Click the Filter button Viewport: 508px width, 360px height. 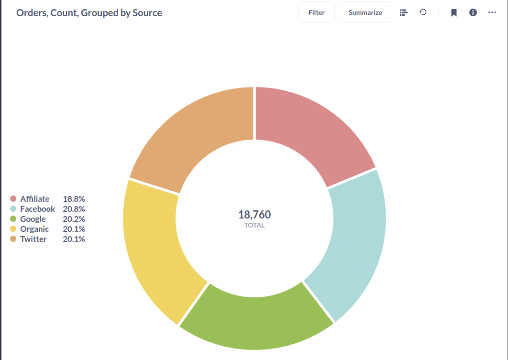tap(316, 12)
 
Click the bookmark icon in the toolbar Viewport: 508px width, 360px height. tap(453, 13)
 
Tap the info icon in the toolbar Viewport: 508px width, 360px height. tap(473, 13)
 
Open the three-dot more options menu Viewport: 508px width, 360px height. tap(492, 13)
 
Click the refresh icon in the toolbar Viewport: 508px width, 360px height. tap(423, 12)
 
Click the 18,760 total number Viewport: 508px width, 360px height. tap(254, 215)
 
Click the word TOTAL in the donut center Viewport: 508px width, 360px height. tap(254, 225)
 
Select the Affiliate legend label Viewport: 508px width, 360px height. tap(35, 199)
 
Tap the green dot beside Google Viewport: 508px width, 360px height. tap(13, 219)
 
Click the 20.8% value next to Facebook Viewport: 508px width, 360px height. tap(74, 209)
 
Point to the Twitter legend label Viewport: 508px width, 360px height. tap(33, 239)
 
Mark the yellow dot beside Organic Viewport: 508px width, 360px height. tap(13, 229)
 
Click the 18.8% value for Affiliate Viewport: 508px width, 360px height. tap(74, 199)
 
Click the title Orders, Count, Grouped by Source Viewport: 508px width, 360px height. tap(89, 13)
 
